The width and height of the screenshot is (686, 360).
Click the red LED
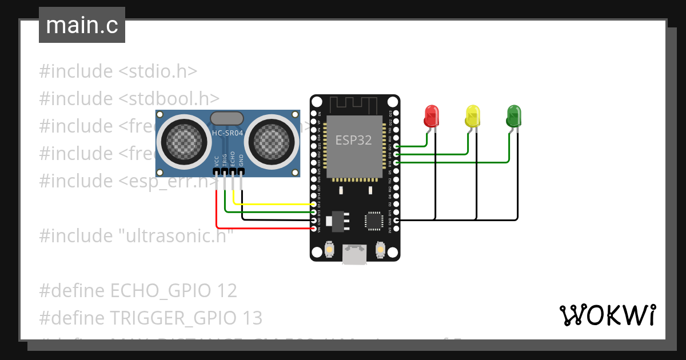point(431,116)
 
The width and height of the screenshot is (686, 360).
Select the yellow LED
point(472,116)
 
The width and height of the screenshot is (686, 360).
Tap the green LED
point(513,116)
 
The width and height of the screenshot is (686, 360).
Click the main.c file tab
point(82,25)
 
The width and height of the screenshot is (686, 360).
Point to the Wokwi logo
point(607,315)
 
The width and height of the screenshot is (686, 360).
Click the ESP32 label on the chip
point(353,141)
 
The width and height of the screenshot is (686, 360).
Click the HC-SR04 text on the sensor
point(227,134)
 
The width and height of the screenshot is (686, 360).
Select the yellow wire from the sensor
point(269,204)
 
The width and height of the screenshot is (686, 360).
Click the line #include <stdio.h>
point(118,71)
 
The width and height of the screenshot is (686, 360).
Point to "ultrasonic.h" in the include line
point(176,235)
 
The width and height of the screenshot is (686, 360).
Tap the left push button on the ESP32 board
point(329,250)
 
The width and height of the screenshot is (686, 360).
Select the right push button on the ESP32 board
point(380,250)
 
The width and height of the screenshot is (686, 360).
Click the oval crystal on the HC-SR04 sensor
point(227,118)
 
